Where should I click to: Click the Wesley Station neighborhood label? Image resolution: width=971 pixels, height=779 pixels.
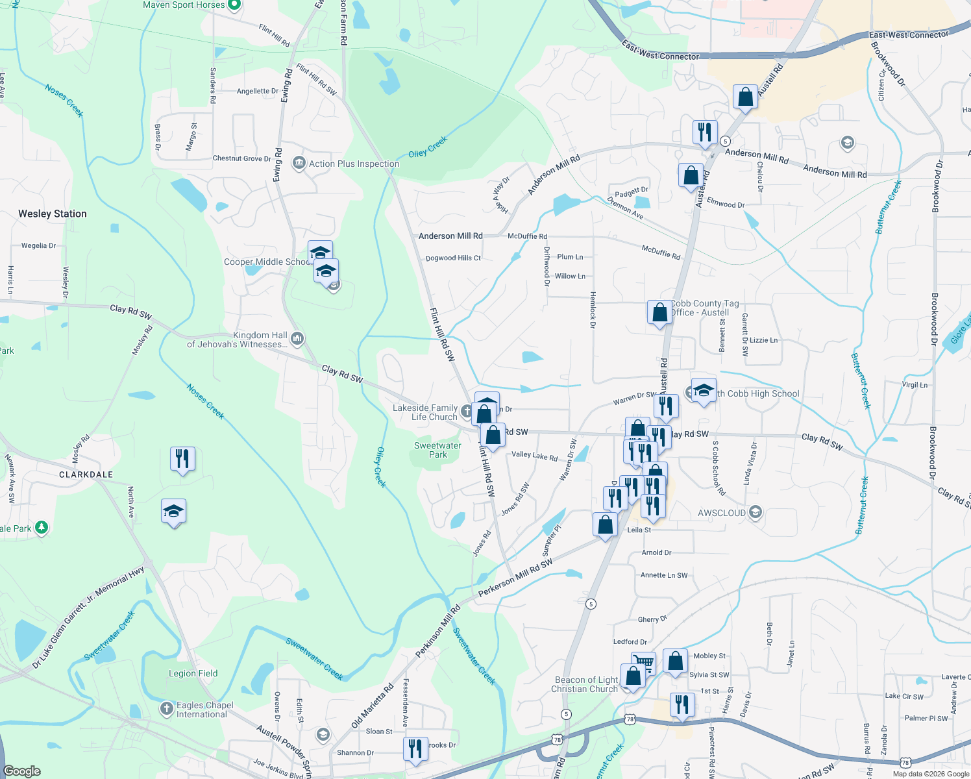tap(53, 214)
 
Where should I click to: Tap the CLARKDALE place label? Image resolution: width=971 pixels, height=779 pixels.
tap(86, 475)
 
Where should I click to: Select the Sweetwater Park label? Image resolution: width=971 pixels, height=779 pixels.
tap(437, 450)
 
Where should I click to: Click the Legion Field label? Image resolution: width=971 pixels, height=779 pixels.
tap(193, 673)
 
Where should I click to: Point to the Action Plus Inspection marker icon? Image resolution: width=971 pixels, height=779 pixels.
tap(299, 163)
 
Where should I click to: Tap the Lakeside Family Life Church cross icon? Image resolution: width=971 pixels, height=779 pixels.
tap(467, 411)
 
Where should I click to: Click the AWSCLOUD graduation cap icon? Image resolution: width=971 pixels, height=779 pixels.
tap(754, 512)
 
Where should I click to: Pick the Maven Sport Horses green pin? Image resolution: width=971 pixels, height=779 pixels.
tap(235, 5)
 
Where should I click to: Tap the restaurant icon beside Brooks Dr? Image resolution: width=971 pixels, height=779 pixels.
tap(415, 748)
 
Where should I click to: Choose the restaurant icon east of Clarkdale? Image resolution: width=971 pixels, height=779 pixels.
tap(182, 458)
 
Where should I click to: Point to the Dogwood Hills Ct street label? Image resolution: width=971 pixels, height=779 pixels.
tap(453, 258)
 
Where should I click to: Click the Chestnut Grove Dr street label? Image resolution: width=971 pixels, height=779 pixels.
tap(241, 158)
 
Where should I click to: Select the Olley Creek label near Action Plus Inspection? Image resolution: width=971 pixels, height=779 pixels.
tap(428, 147)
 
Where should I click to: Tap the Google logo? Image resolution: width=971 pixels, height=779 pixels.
tap(22, 771)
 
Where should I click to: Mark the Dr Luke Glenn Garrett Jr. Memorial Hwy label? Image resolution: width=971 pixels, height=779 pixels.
tap(88, 618)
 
